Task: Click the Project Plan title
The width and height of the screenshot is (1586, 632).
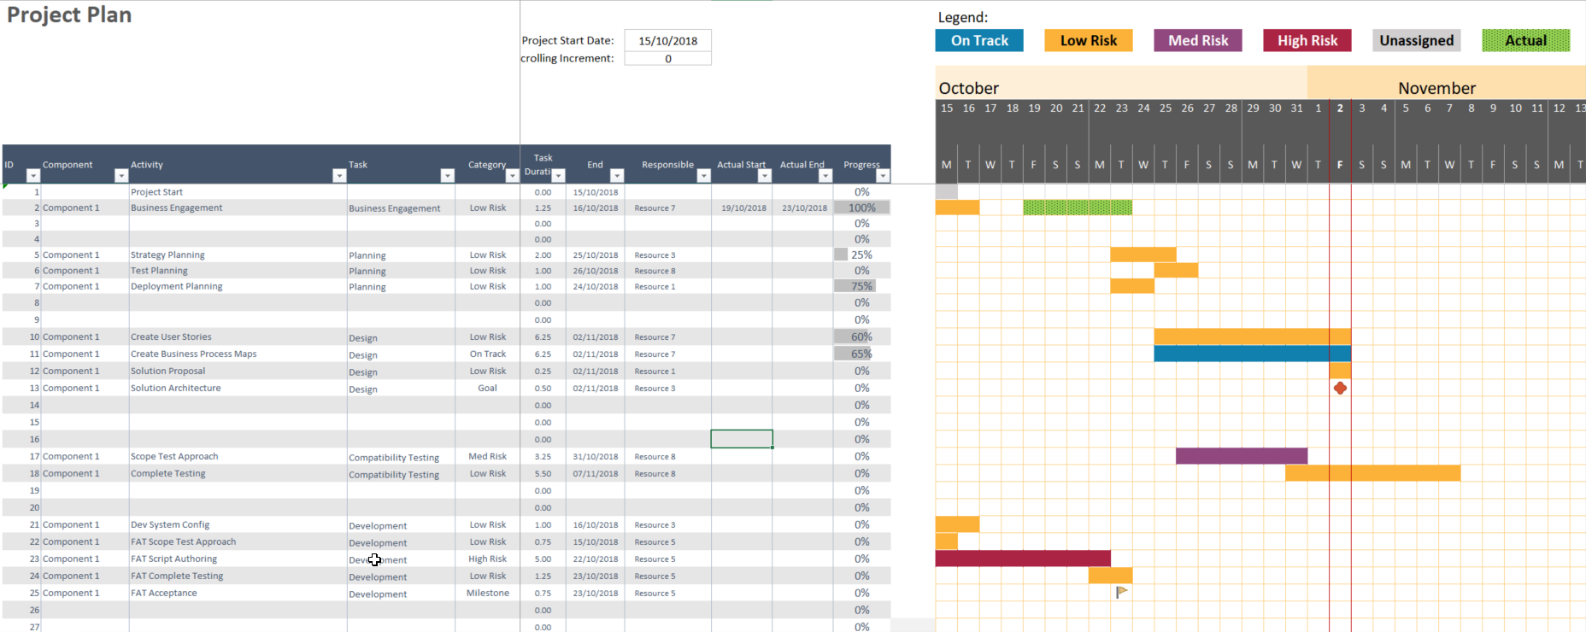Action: (69, 15)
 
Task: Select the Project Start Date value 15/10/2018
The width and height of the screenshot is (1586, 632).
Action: (667, 40)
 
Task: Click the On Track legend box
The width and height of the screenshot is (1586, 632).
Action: (979, 40)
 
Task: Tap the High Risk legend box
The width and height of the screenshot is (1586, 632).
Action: (1307, 40)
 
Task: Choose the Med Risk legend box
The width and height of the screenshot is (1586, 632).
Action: (1198, 40)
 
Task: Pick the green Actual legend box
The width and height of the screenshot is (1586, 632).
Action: (1526, 40)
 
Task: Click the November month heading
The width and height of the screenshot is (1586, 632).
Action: (1436, 88)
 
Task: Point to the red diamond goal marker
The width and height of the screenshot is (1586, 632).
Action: (1340, 388)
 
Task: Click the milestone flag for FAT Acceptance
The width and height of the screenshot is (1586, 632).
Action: (1121, 591)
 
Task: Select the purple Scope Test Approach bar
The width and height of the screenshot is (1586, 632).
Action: (1241, 456)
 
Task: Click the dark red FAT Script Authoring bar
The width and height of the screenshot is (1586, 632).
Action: (1023, 559)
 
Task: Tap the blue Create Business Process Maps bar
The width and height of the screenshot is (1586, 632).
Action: (1252, 354)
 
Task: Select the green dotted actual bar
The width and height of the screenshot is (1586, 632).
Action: (1078, 208)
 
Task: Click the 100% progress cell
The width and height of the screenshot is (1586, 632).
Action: (861, 208)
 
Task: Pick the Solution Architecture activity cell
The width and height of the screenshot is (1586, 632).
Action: (176, 388)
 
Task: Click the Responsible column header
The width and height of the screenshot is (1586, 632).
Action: (667, 165)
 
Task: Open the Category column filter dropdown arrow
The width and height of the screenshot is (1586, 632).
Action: (512, 176)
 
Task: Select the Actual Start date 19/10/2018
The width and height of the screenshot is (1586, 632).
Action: (743, 208)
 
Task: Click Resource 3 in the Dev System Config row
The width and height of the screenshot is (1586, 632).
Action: (655, 524)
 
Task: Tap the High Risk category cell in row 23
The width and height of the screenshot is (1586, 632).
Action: (487, 559)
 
